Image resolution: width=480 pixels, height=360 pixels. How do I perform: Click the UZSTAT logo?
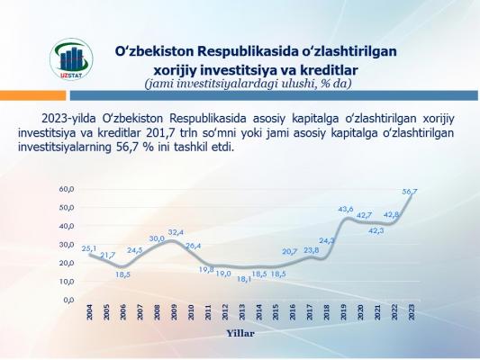(71, 59)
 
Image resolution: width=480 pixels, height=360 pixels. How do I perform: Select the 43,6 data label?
(346, 209)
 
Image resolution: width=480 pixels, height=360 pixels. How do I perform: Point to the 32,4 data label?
(176, 232)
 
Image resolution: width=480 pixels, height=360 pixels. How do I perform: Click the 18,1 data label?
(244, 279)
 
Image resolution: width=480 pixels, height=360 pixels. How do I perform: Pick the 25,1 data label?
(89, 248)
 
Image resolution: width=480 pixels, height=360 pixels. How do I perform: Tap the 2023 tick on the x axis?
(412, 312)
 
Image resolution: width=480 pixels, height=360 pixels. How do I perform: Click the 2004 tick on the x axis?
(89, 312)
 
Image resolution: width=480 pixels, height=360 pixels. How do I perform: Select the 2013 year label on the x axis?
(242, 312)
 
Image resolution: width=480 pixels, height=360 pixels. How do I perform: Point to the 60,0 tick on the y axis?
(67, 189)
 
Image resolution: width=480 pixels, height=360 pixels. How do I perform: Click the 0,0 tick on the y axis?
(68, 300)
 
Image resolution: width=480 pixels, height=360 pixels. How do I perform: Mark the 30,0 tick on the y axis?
(67, 245)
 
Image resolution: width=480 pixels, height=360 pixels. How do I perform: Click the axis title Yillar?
(240, 333)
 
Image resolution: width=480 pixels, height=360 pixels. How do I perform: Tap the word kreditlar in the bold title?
(329, 70)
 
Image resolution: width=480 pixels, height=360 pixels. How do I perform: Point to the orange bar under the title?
(32, 95)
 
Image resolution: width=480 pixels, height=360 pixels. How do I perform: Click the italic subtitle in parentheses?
(249, 84)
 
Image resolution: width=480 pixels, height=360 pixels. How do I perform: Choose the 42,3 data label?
(376, 231)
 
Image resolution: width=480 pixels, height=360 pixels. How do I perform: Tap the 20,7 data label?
(290, 252)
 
